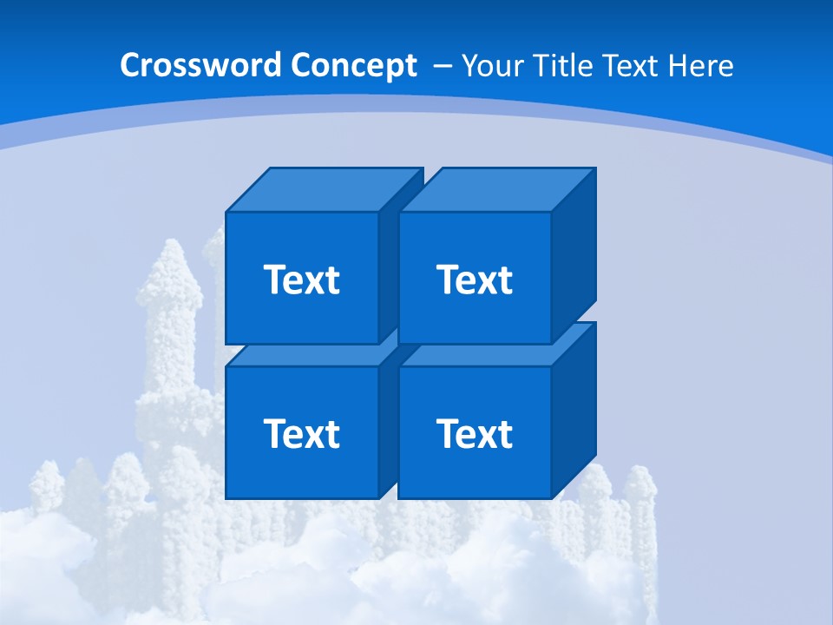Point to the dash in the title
click(x=441, y=66)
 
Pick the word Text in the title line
click(x=633, y=66)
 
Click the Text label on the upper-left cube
click(x=301, y=280)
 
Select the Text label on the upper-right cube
click(x=474, y=280)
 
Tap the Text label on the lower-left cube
click(x=301, y=433)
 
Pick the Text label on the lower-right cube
click(x=474, y=433)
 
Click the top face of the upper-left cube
click(x=323, y=189)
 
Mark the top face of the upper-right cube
click(x=496, y=189)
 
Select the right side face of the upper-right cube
click(x=574, y=255)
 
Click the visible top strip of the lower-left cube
click(x=304, y=355)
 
